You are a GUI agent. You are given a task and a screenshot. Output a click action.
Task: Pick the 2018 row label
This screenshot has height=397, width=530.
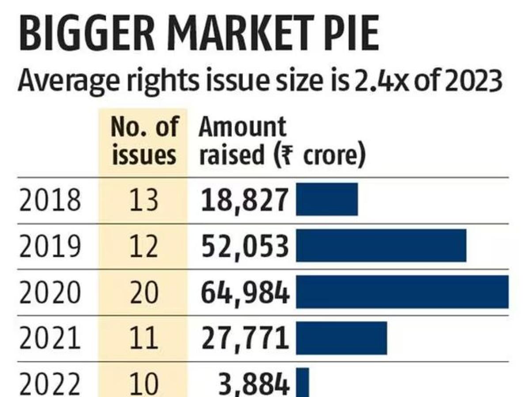[50, 199]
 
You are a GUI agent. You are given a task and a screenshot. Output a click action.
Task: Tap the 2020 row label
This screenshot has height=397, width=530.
[50, 292]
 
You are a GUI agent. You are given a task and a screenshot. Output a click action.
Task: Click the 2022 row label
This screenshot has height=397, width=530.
[50, 384]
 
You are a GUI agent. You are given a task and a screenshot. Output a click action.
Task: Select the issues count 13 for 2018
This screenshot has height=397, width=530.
[144, 199]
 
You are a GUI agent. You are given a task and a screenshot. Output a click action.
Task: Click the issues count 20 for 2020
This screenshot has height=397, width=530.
[144, 292]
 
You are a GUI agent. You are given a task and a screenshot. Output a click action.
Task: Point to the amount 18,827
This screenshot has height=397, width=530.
[244, 199]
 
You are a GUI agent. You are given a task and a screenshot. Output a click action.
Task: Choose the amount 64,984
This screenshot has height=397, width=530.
[244, 292]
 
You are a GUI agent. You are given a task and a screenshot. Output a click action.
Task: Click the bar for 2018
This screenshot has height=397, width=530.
[327, 199]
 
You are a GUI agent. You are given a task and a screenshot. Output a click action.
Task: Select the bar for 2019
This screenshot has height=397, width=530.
[381, 245]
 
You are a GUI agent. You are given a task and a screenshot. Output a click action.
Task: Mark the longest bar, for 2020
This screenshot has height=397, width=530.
[402, 292]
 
